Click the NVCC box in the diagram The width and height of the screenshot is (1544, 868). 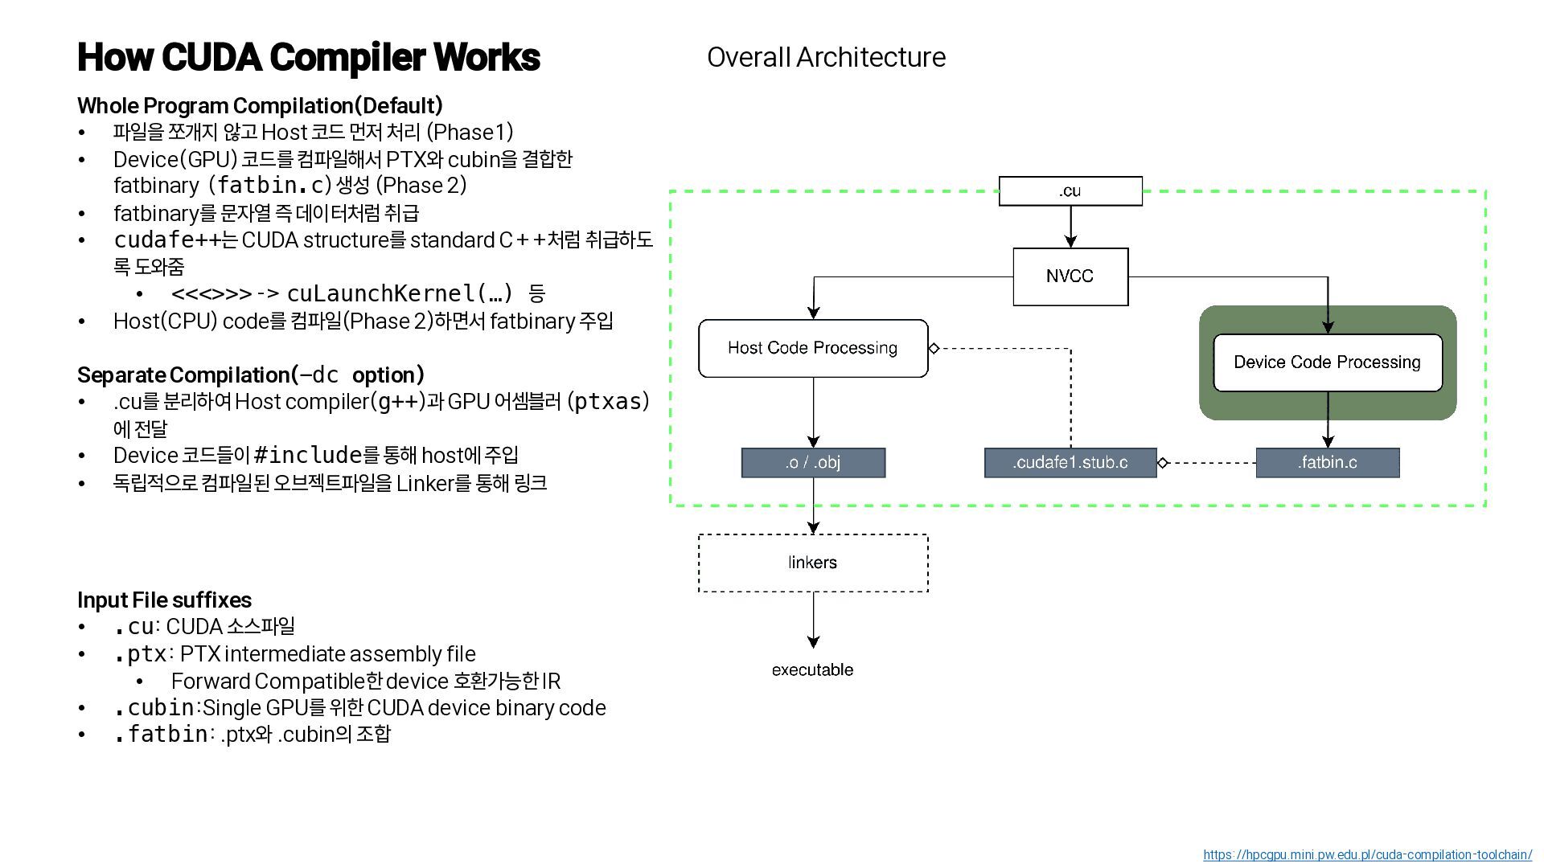(1070, 276)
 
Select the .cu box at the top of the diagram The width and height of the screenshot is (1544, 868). (1070, 191)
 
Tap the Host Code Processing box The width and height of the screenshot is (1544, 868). (812, 348)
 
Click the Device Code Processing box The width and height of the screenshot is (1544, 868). (1327, 362)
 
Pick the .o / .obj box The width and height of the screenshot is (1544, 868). (812, 463)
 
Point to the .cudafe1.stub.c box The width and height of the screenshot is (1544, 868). (1070, 463)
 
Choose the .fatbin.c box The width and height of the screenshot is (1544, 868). (1327, 463)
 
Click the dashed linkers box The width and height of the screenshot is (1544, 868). (812, 563)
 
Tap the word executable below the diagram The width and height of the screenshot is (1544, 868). (812, 670)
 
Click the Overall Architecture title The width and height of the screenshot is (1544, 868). (826, 58)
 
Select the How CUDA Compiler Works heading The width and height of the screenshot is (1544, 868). (308, 58)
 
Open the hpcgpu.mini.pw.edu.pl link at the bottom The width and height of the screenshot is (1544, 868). (1367, 855)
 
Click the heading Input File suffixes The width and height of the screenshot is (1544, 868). (164, 600)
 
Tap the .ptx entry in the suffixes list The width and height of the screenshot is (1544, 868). (140, 654)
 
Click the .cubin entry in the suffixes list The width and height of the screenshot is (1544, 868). (154, 708)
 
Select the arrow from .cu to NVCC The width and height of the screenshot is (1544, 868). (1070, 226)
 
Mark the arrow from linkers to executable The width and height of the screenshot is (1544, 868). (813, 620)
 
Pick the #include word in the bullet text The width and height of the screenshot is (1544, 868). (308, 456)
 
